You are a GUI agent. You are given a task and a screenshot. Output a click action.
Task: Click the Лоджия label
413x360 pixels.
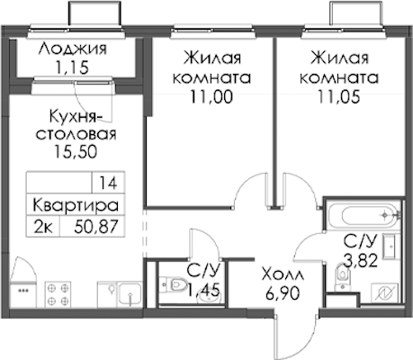73,49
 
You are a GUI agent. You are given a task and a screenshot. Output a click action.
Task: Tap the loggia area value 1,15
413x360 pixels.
72,67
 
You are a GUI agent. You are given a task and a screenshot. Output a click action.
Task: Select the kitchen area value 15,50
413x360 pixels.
76,152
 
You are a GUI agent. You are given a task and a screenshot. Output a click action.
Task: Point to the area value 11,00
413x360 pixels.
211,96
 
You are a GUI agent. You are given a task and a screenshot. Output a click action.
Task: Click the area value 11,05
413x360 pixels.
338,96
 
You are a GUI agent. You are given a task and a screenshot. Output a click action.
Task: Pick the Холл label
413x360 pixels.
283,274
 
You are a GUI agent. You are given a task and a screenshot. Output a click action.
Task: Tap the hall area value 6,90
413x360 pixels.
283,293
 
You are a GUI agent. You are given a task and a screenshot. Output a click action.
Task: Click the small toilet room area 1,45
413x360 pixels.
204,290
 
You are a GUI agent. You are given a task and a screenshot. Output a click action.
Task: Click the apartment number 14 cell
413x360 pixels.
108,183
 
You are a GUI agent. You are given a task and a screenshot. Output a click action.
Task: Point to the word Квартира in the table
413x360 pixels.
76,205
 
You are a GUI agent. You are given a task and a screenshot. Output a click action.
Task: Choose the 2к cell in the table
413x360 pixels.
43,226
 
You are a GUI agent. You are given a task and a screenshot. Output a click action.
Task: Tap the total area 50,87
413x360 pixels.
96,227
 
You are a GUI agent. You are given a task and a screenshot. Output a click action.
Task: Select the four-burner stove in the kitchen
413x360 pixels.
58,293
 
